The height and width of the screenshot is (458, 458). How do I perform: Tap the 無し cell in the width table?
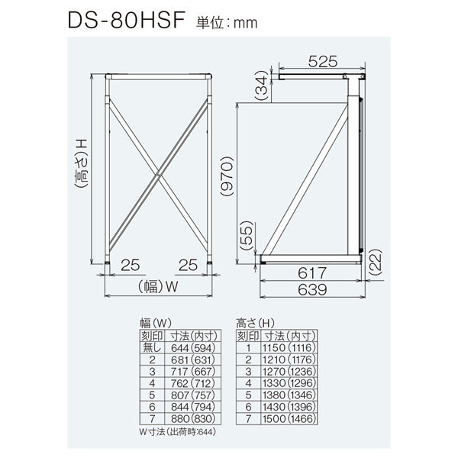[x=152, y=348]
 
